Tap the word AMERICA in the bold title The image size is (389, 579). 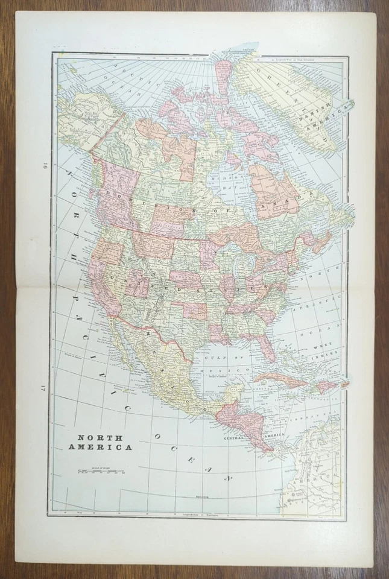104,447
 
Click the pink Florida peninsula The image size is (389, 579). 267,346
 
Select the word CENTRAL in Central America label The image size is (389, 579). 234,438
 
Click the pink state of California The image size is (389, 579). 101,283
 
